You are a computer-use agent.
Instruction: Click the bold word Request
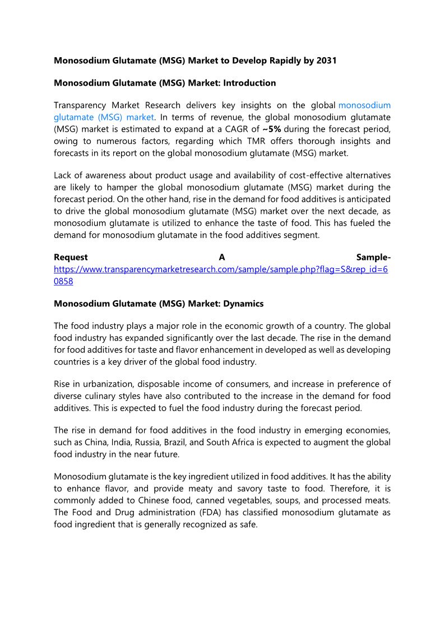coord(71,257)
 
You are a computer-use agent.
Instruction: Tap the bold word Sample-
coord(373,257)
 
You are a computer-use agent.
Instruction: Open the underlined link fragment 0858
coord(63,281)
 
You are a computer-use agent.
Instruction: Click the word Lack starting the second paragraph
coord(63,175)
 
